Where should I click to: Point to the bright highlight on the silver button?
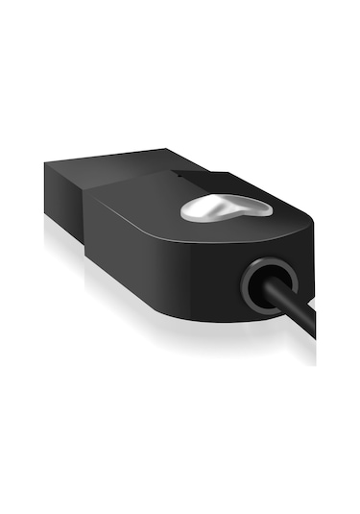pyautogui.click(x=206, y=202)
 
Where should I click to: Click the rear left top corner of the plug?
pyautogui.click(x=45, y=164)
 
